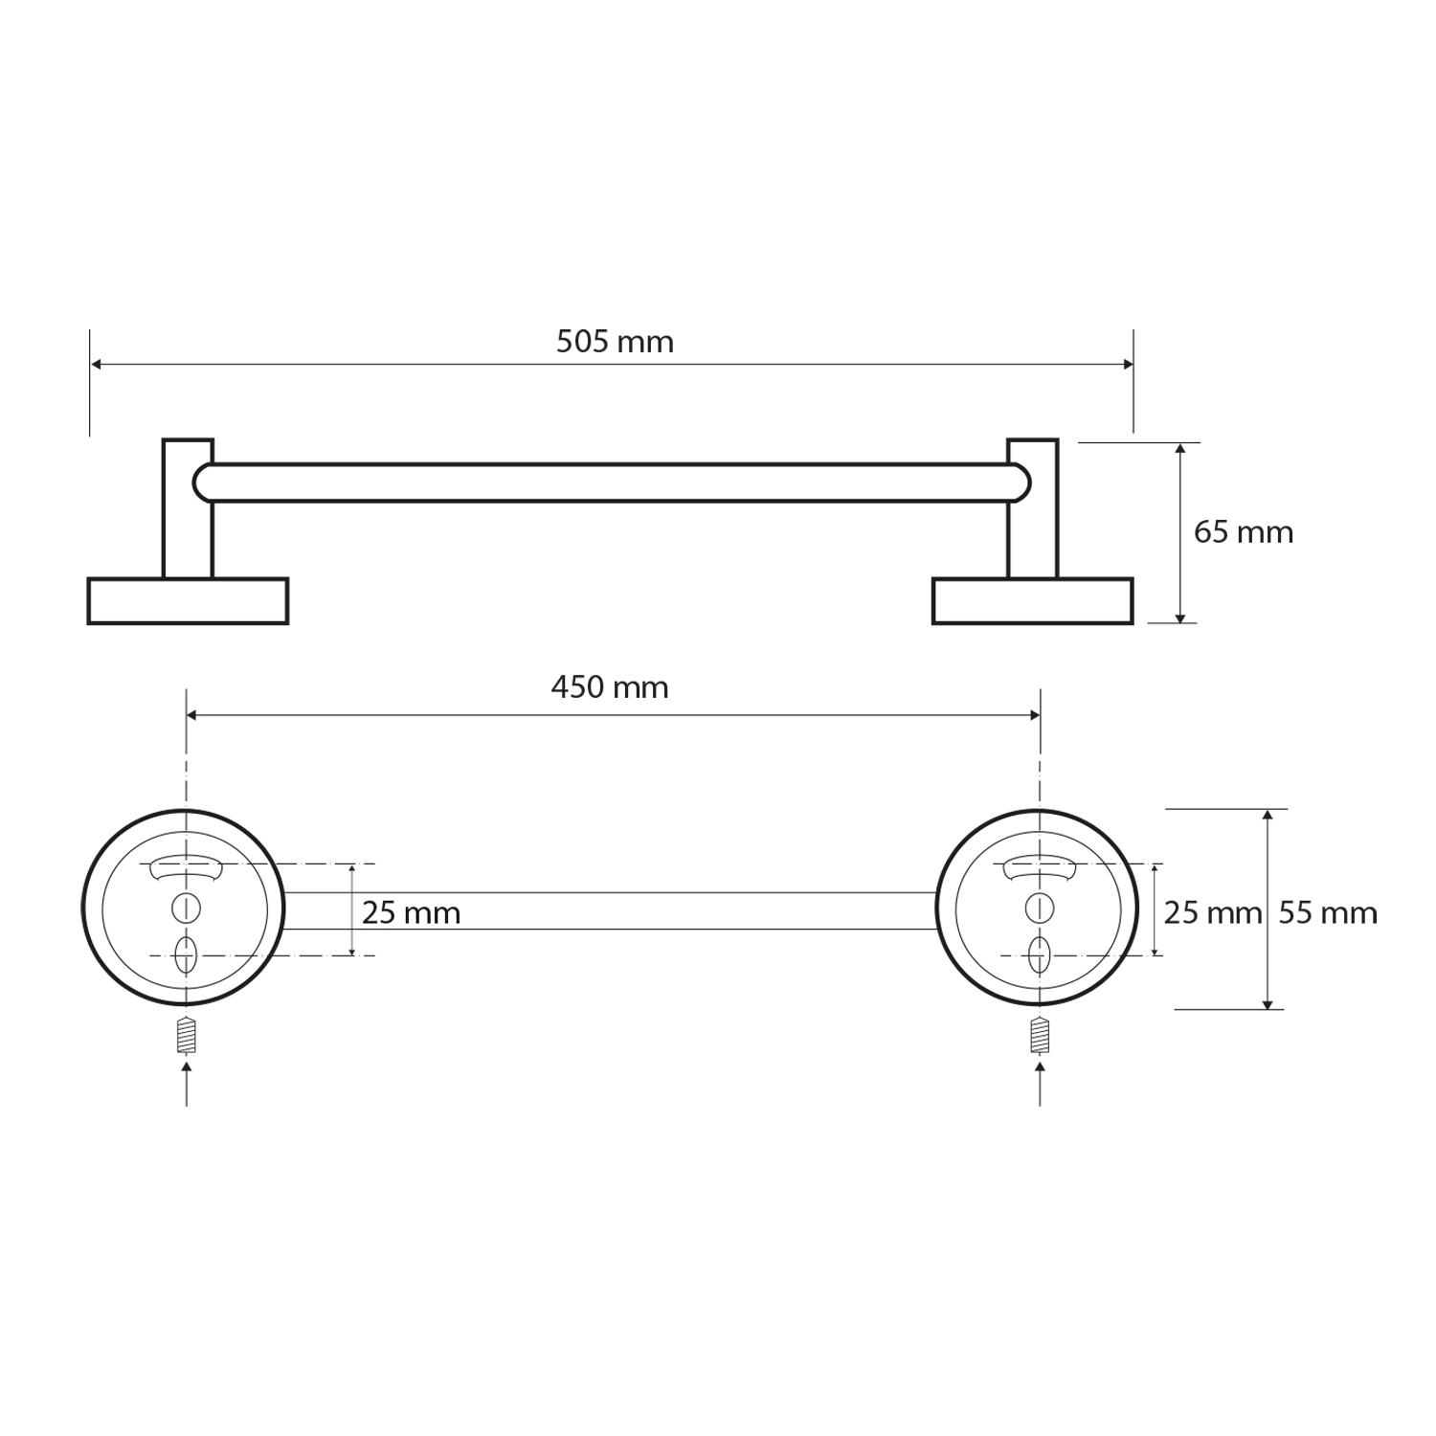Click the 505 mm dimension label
pyautogui.click(x=615, y=342)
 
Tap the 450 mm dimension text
pyautogui.click(x=610, y=687)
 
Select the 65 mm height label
pyautogui.click(x=1244, y=532)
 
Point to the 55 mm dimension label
pyautogui.click(x=1328, y=913)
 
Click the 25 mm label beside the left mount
pyautogui.click(x=412, y=913)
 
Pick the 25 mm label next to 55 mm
pyautogui.click(x=1213, y=913)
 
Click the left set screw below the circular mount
pyautogui.click(x=186, y=1035)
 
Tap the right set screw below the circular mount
pyautogui.click(x=1040, y=1035)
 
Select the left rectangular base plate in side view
pyautogui.click(x=188, y=601)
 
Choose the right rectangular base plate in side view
pyautogui.click(x=1033, y=601)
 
